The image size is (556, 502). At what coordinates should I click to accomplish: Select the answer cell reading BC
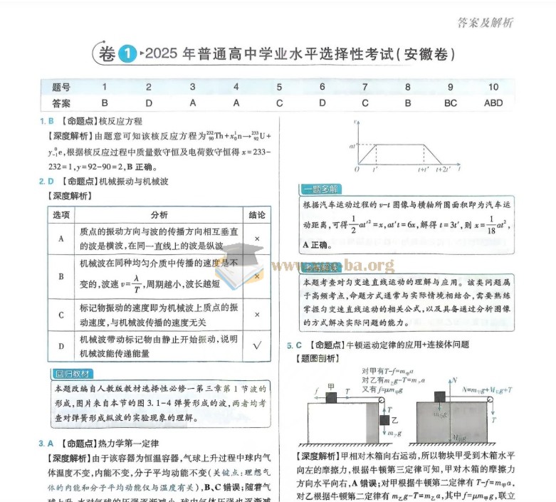(450, 103)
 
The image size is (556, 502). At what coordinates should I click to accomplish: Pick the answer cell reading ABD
(493, 103)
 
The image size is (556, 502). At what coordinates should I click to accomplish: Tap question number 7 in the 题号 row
(364, 87)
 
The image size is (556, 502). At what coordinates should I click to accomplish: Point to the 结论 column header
(256, 214)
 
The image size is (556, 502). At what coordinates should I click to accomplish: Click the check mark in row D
(256, 345)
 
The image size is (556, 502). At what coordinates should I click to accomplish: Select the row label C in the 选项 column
(61, 314)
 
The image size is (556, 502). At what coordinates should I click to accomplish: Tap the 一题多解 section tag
(320, 189)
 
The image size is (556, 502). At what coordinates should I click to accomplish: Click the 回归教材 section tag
(73, 374)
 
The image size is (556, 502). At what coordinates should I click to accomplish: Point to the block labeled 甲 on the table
(330, 396)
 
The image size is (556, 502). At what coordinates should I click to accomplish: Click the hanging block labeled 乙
(386, 420)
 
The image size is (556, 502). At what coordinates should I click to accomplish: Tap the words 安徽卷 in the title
(425, 54)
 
